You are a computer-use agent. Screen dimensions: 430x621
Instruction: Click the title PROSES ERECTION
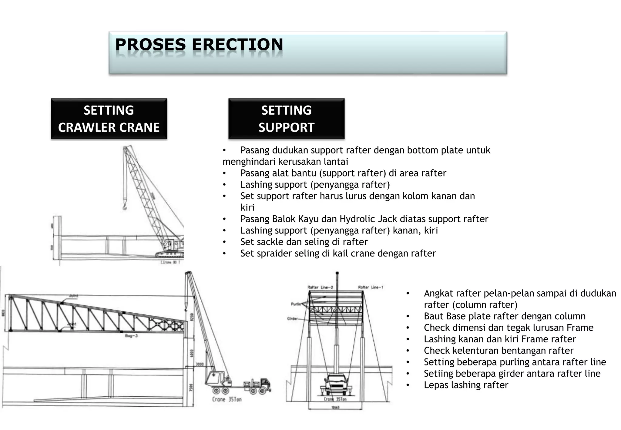click(199, 45)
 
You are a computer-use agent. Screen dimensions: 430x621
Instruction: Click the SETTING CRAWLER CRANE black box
click(109, 119)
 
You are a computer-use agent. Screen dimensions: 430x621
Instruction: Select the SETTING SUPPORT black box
click(286, 119)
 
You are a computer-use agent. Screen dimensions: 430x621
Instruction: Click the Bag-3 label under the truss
click(131, 336)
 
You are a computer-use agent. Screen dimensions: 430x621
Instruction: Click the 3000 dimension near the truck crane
click(200, 364)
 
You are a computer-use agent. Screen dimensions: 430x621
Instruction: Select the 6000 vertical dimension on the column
click(191, 353)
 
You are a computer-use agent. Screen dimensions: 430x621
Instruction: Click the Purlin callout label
click(296, 304)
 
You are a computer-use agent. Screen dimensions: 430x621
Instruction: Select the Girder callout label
click(293, 319)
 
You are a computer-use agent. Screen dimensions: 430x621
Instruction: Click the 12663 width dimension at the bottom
click(334, 408)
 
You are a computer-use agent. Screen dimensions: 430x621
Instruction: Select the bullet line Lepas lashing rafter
click(466, 385)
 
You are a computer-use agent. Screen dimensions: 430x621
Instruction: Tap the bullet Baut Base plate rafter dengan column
click(505, 316)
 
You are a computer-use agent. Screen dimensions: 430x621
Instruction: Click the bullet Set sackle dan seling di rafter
click(304, 242)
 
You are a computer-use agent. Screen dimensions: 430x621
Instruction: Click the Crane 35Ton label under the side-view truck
click(227, 399)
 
